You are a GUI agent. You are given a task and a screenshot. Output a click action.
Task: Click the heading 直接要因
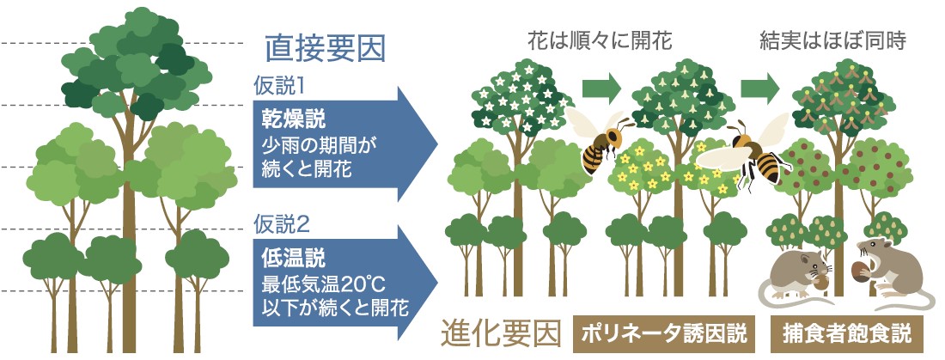325,49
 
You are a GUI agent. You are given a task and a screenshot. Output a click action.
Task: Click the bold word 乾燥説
294,119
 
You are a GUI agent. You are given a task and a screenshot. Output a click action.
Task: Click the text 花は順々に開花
599,40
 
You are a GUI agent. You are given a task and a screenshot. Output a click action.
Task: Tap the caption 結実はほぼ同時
833,40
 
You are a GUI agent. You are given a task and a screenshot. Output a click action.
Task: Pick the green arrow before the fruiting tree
760,88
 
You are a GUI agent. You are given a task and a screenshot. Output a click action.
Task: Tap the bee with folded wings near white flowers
598,141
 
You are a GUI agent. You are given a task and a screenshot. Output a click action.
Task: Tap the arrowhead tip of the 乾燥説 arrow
437,144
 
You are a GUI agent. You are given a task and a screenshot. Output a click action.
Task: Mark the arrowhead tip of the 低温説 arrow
437,284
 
